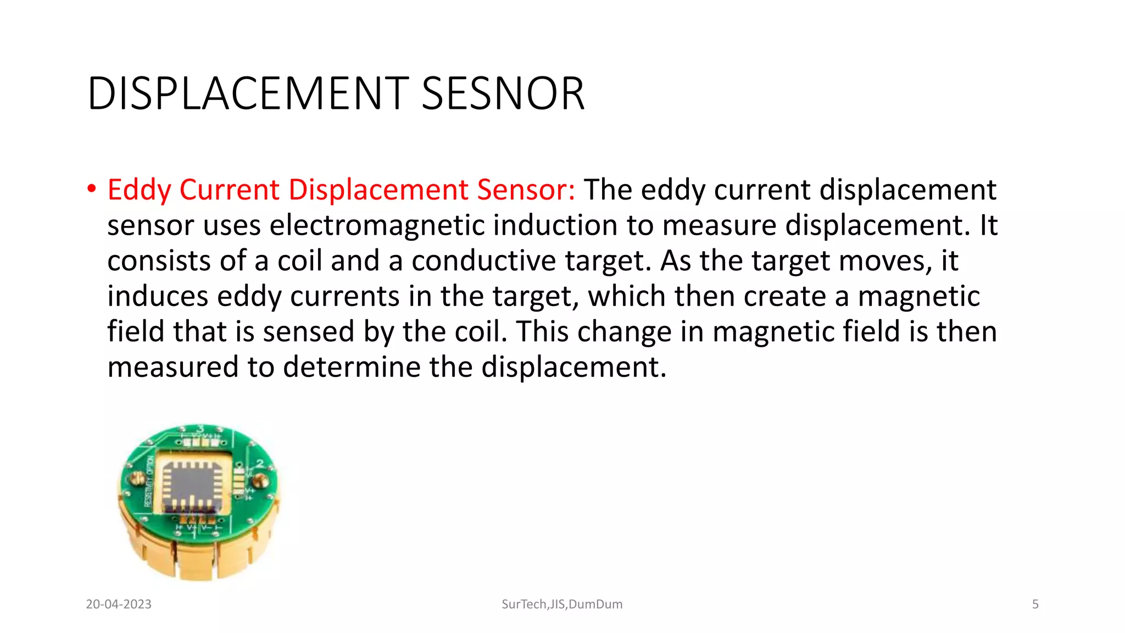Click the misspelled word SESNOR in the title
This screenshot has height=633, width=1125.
point(503,94)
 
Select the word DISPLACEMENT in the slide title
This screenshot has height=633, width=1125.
point(248,94)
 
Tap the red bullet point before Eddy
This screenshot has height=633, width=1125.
point(92,189)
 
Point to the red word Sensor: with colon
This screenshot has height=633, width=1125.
point(526,190)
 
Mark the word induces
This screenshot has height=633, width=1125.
point(158,296)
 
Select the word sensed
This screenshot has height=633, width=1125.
point(308,332)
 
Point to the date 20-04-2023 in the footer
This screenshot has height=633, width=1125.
point(119,604)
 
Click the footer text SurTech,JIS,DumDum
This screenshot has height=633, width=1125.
point(562,604)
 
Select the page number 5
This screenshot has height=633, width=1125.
point(1035,604)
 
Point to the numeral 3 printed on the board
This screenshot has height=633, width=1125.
point(201,428)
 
